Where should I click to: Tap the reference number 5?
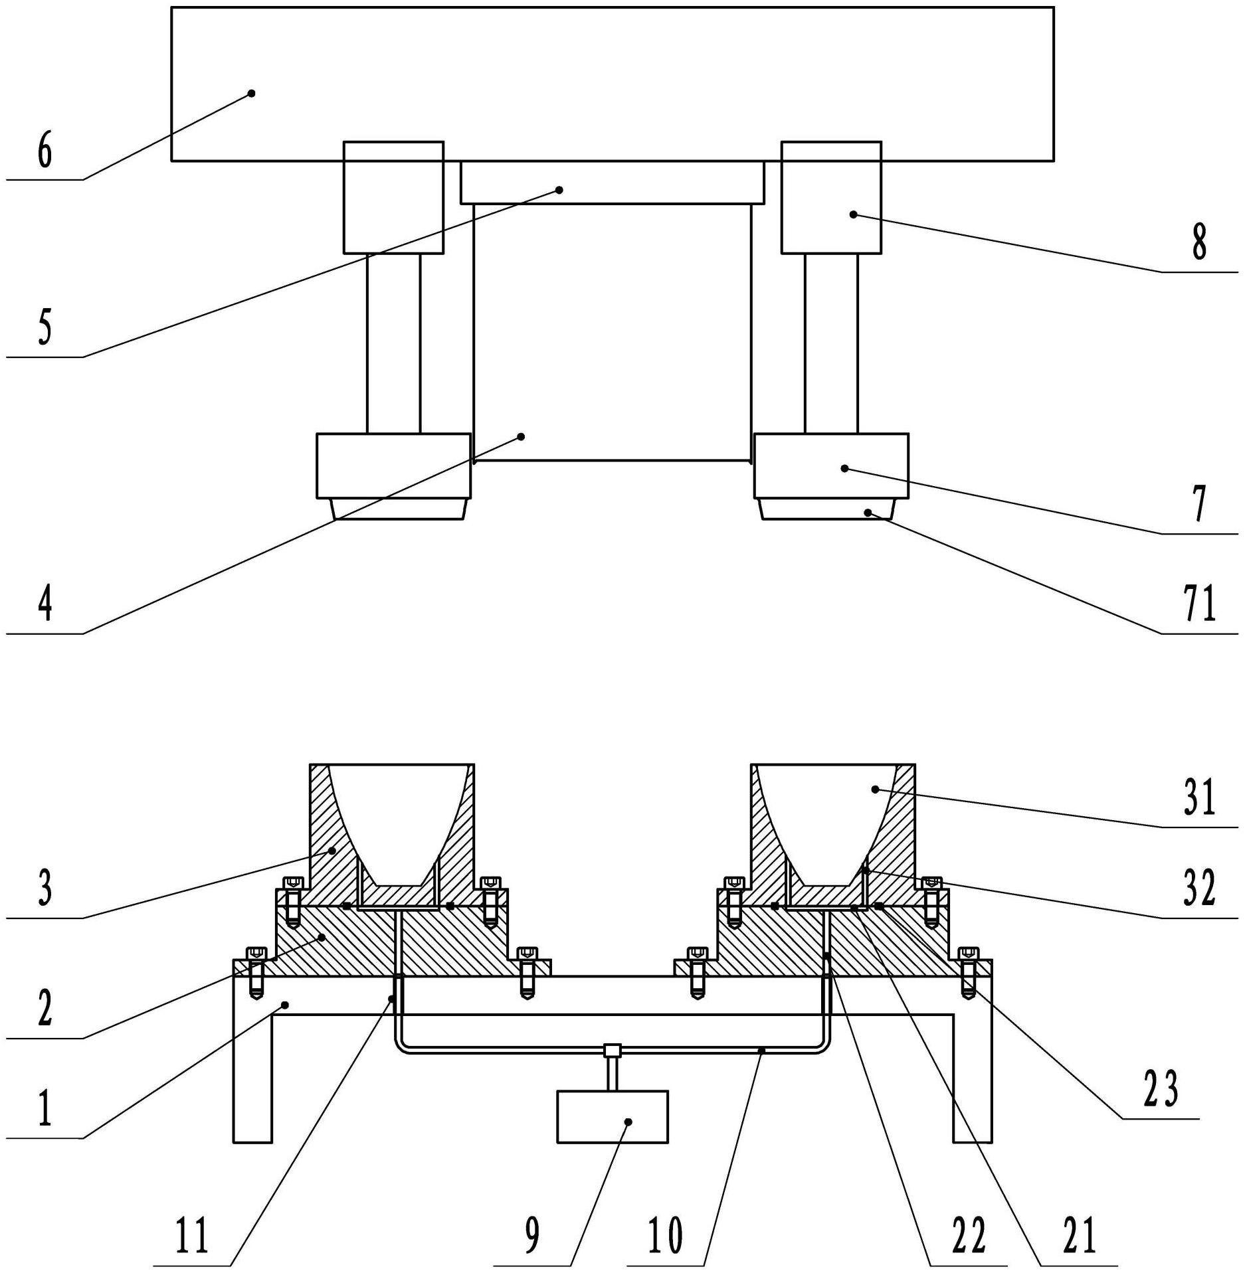[x=45, y=329]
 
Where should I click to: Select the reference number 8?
[x=1198, y=243]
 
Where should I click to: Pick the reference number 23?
[x=1161, y=1090]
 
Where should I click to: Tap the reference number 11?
[x=193, y=1236]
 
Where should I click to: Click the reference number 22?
[x=969, y=1236]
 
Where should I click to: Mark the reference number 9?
[x=532, y=1236]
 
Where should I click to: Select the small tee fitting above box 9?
[x=612, y=1051]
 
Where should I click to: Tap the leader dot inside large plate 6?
[x=252, y=93]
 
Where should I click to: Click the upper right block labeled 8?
[x=831, y=197]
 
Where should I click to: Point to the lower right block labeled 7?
[x=831, y=466]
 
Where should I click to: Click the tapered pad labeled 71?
[x=826, y=509]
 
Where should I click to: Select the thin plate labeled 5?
[x=612, y=182]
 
